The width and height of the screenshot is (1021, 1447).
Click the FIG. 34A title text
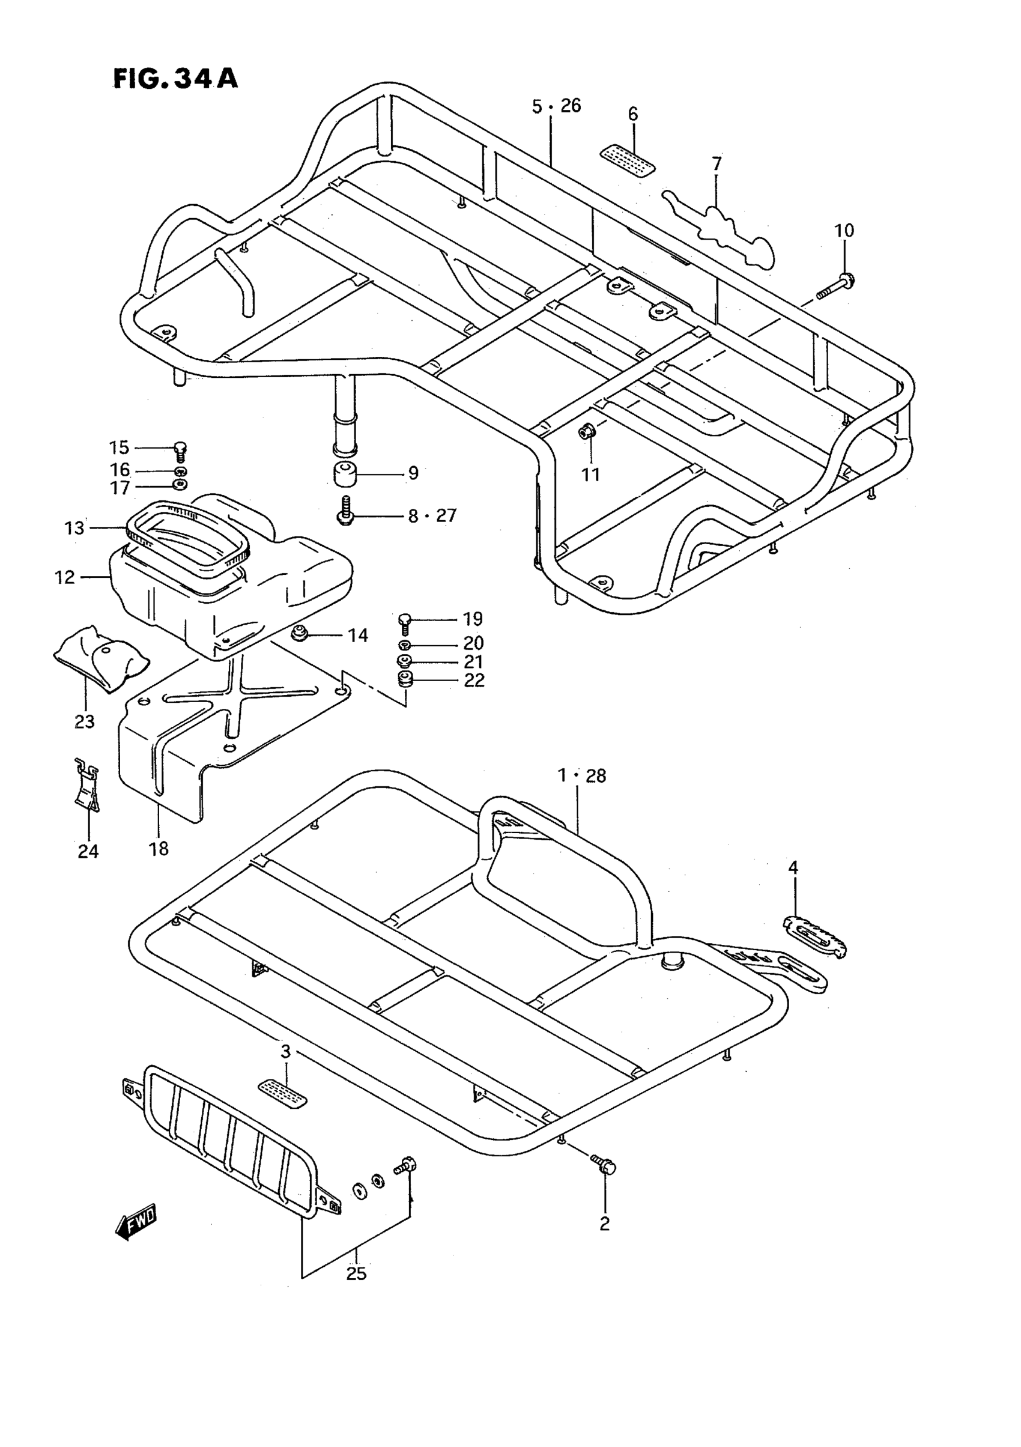(175, 79)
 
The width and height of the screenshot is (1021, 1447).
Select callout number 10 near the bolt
(844, 231)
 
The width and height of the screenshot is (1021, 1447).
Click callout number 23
(85, 721)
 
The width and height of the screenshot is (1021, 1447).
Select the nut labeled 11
(587, 432)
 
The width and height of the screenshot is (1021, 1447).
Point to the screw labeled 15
(180, 450)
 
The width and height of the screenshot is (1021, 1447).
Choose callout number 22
(474, 681)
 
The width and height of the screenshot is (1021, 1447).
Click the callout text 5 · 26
(556, 106)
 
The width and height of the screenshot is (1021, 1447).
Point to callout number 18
(159, 849)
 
